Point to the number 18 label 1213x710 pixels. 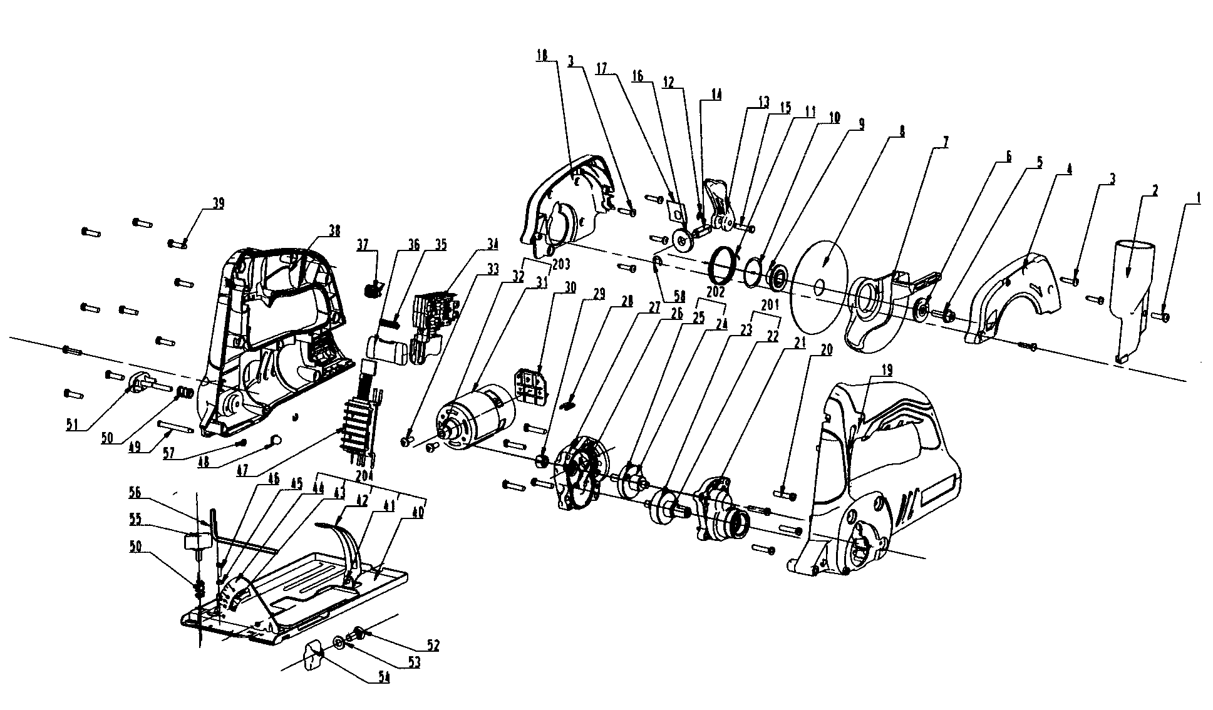click(542, 56)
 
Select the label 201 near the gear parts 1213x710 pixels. click(770, 305)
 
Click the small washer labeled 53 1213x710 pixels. click(338, 641)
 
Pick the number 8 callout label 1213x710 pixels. click(902, 132)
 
